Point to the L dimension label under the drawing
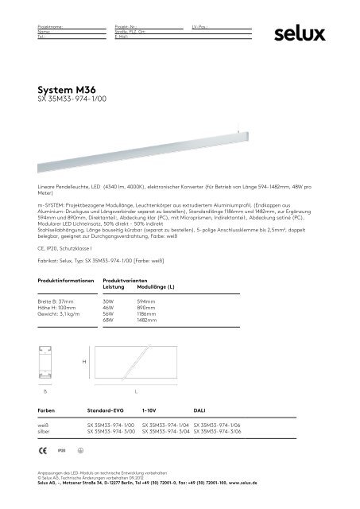point(136,392)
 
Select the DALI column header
point(199,409)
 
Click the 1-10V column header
point(149,409)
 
